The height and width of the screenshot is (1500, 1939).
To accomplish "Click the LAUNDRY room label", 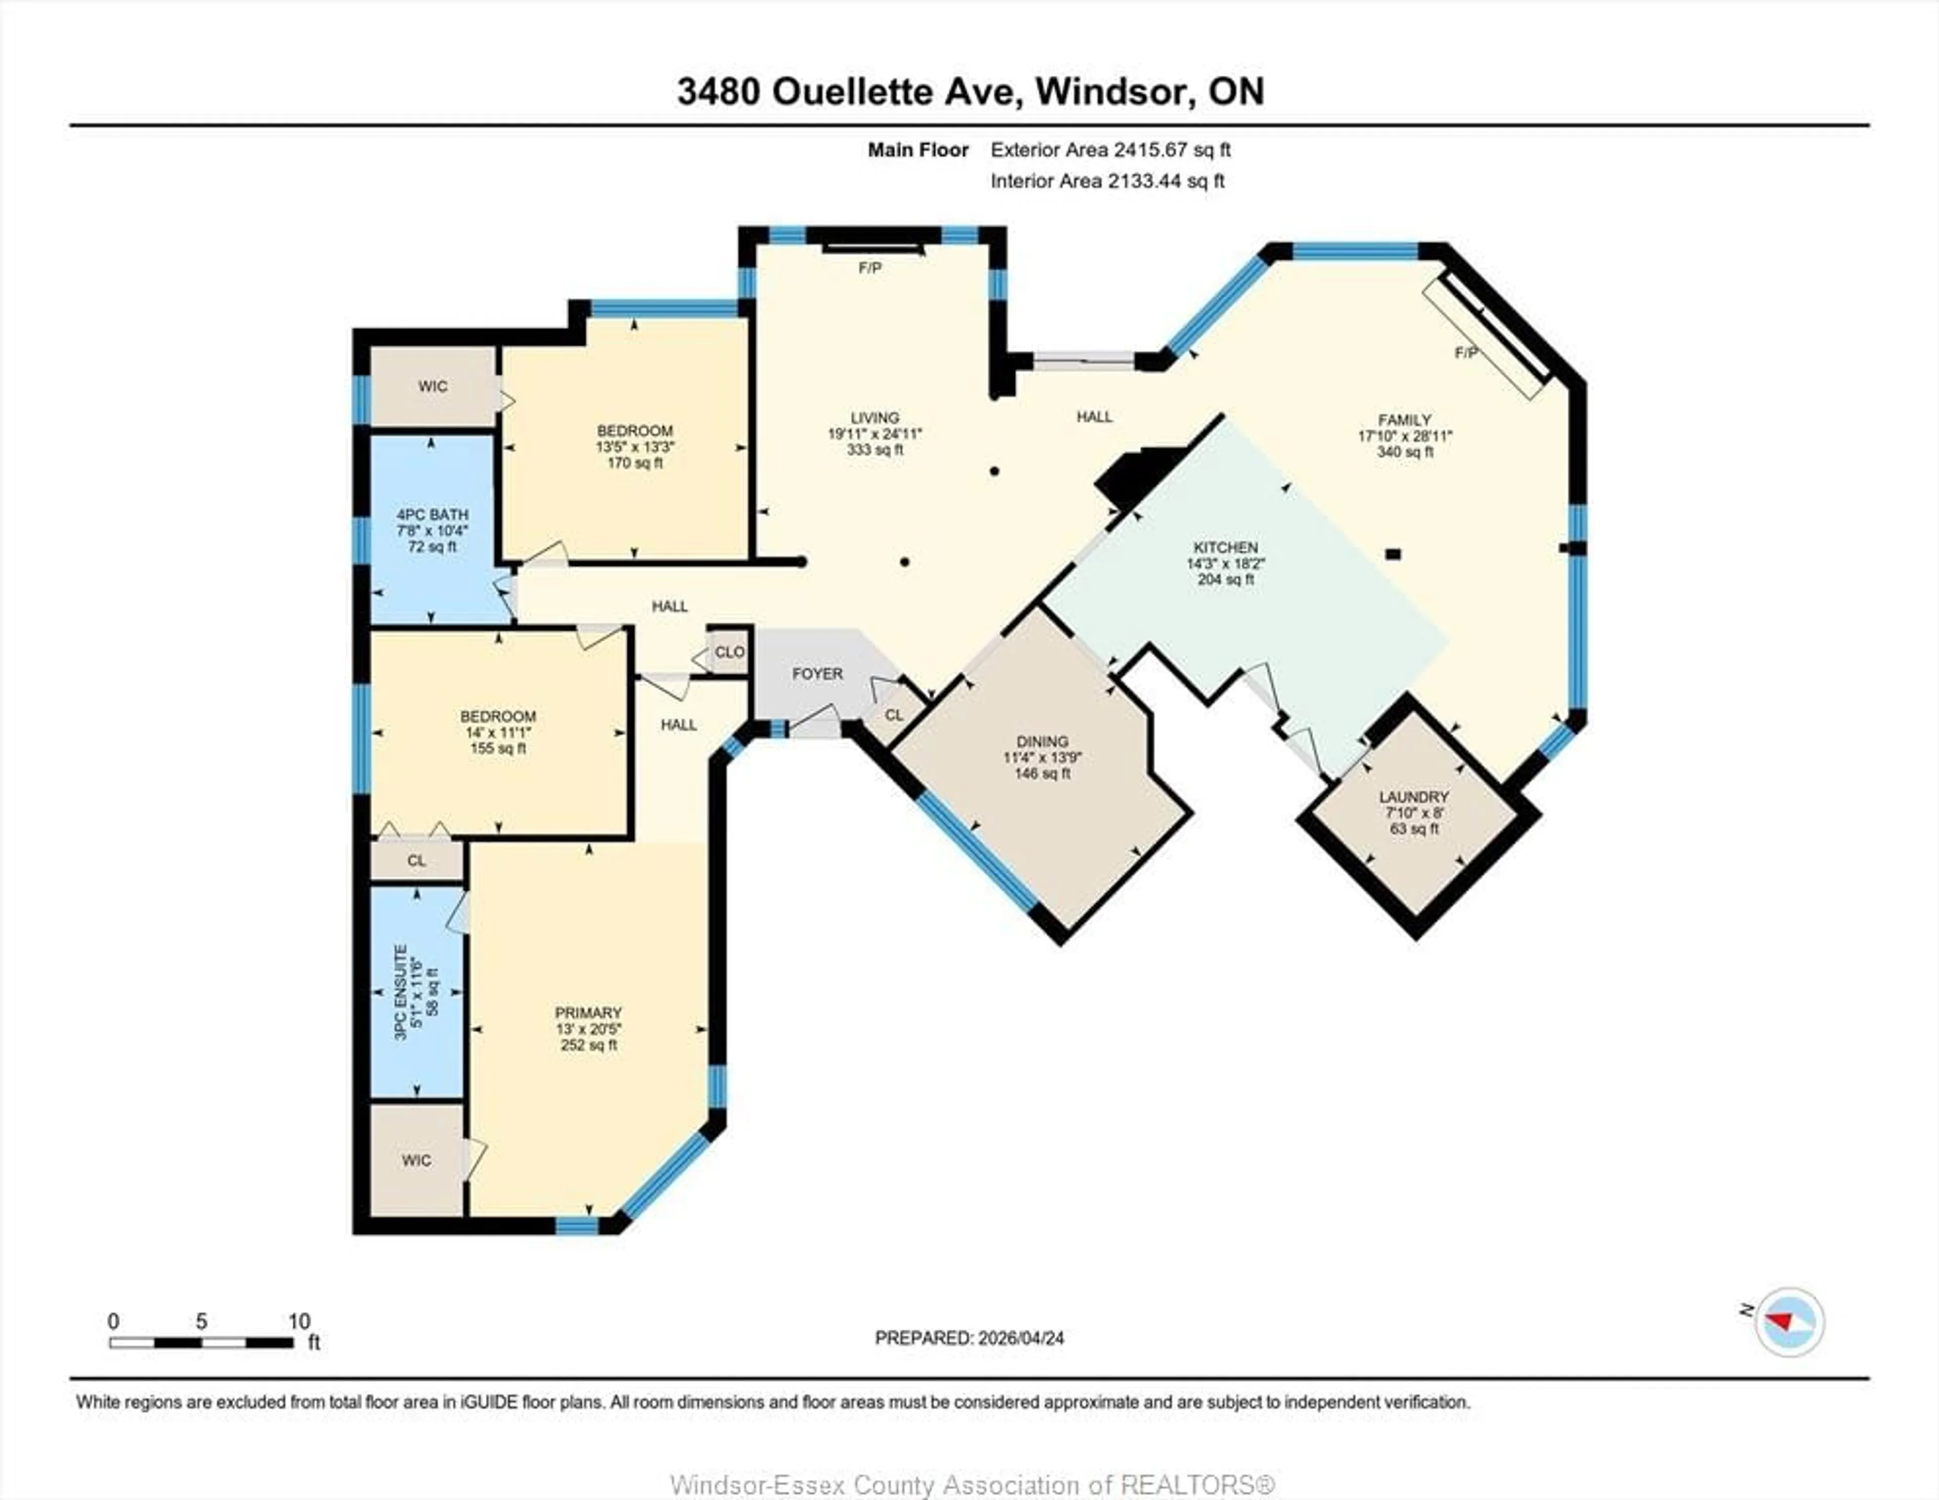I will point(1413,796).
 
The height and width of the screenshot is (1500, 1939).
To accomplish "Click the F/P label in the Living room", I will point(870,267).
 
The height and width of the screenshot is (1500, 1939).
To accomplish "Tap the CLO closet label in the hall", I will point(730,652).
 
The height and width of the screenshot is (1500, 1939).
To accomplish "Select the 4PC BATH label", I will point(432,514).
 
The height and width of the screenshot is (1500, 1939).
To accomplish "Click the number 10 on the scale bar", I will point(299,1321).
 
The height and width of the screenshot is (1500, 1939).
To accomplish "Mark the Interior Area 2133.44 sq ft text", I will point(1107,181).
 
